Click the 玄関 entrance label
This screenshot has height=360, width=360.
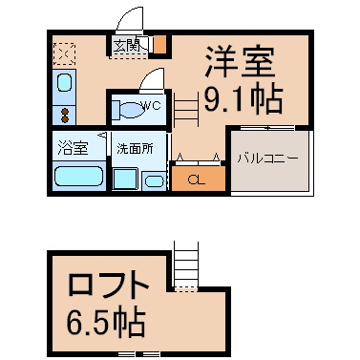(x=127, y=47)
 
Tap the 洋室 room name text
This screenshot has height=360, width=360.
(x=241, y=62)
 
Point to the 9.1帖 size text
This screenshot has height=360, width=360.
(x=244, y=99)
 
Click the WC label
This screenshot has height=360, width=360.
(x=153, y=106)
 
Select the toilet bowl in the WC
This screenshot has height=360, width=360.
(x=129, y=110)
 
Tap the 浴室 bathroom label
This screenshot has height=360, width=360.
(x=73, y=148)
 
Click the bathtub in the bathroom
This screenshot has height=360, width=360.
(x=78, y=176)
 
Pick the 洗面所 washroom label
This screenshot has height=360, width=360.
(x=135, y=149)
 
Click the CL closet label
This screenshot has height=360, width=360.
(x=196, y=180)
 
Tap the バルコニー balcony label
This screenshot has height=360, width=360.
(x=268, y=159)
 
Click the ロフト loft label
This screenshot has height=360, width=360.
(x=109, y=284)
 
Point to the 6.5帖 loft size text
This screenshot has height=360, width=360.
(x=105, y=323)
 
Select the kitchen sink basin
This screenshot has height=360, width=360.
(x=64, y=83)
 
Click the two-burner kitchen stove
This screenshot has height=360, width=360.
(x=64, y=116)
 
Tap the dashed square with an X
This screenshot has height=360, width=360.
(x=64, y=53)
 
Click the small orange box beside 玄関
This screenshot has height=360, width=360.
(x=160, y=45)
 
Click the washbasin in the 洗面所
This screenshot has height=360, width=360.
(x=155, y=181)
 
